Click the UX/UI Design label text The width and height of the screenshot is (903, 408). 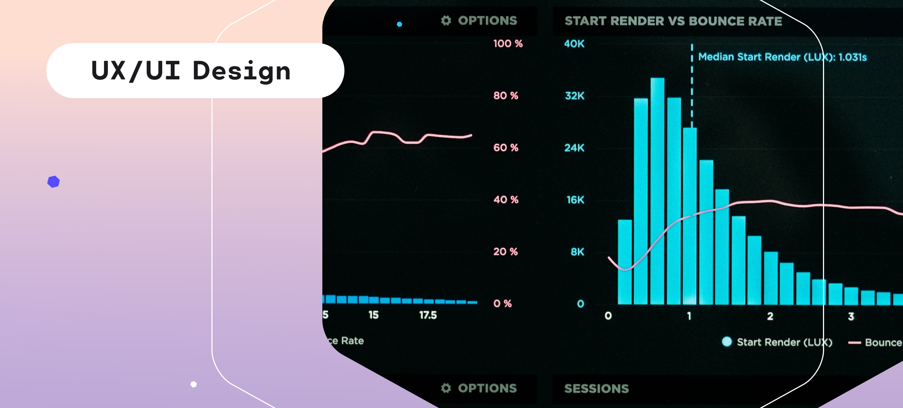(x=191, y=71)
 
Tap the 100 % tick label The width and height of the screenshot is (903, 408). (x=508, y=44)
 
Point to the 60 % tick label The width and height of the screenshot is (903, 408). (x=506, y=147)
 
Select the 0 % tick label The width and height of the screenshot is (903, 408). (x=502, y=303)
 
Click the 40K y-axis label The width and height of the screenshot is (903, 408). (x=574, y=44)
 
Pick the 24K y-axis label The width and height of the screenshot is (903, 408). (x=574, y=148)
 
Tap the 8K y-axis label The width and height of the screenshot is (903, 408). (x=577, y=252)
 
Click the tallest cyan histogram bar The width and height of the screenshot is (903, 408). (x=657, y=191)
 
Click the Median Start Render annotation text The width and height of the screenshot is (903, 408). (x=782, y=57)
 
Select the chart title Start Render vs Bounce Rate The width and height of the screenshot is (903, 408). (x=673, y=21)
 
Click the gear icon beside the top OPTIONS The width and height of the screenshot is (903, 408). (x=446, y=21)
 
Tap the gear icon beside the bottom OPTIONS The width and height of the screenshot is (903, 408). (x=446, y=388)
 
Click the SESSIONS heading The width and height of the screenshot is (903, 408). (x=596, y=388)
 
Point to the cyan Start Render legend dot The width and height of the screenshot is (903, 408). (x=727, y=342)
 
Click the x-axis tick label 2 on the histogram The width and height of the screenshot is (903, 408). (x=770, y=316)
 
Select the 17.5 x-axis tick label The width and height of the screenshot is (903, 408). (x=428, y=315)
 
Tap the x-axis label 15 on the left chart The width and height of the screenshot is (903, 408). (x=373, y=315)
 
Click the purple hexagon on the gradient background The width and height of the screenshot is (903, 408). (x=54, y=182)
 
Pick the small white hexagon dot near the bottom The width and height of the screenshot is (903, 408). (x=193, y=384)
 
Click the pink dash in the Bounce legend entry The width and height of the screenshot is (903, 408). (x=854, y=343)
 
